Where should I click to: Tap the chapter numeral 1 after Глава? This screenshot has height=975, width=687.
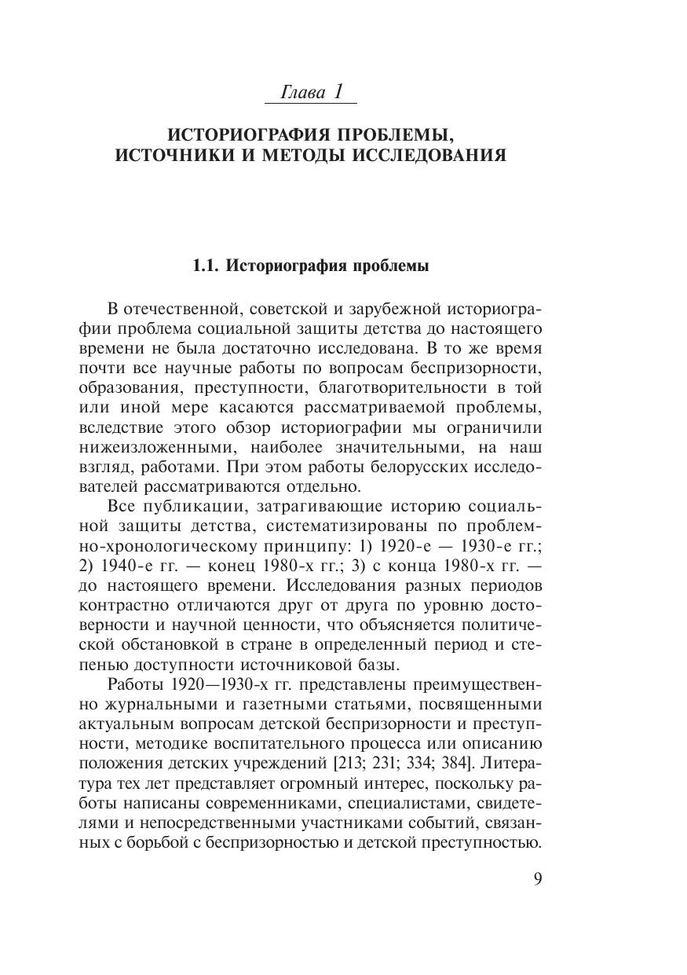tap(338, 91)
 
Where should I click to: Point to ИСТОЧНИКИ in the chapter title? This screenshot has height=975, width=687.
tap(174, 155)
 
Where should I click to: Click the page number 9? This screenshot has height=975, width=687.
tap(537, 878)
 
